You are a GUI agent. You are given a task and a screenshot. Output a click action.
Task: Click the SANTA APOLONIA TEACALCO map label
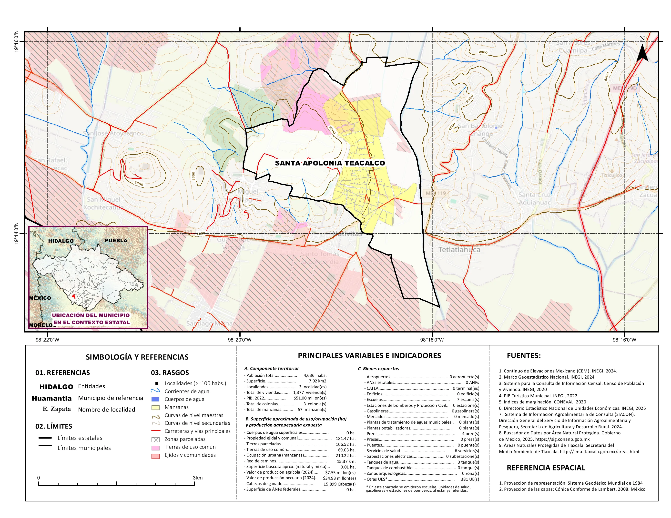point(330,163)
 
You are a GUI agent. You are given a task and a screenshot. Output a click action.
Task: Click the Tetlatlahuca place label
point(459,249)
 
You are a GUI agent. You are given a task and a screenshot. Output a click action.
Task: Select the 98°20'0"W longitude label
point(240,340)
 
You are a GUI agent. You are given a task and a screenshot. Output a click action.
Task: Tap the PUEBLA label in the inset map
point(116,240)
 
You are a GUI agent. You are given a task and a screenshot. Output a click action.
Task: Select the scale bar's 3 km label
point(198,478)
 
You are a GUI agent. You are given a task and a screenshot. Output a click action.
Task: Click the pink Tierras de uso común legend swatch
point(155,448)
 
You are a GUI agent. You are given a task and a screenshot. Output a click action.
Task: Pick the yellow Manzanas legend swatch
point(155,408)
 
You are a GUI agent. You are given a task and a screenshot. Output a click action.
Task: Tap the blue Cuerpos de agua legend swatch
point(155,399)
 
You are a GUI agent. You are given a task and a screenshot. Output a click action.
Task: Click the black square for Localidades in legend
point(157,383)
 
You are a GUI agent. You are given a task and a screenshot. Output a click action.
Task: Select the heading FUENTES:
point(524,356)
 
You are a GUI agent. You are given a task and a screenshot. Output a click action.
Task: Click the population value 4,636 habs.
point(315,375)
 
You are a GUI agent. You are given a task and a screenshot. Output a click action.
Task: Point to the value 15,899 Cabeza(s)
point(339,484)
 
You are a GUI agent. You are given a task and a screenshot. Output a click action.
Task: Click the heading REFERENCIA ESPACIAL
point(546,468)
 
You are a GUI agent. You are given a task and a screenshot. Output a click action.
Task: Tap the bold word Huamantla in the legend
point(52,398)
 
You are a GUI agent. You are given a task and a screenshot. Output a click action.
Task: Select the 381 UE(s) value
point(469,479)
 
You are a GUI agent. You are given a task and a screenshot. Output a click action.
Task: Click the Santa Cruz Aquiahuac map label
point(535,198)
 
